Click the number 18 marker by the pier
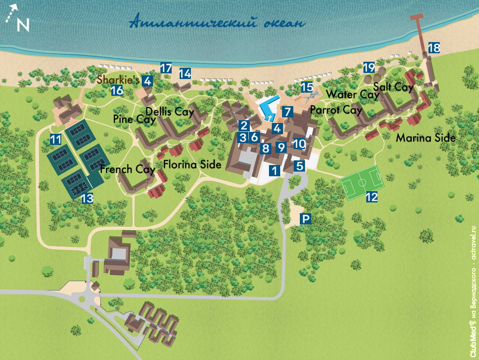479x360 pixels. (434, 48)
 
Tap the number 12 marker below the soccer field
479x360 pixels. (371, 197)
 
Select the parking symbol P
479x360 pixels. (305, 219)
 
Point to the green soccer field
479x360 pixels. (362, 180)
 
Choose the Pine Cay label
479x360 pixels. (134, 119)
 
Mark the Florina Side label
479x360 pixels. (192, 165)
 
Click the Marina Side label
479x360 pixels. (426, 138)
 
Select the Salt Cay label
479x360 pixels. (393, 87)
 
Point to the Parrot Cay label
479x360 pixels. (336, 110)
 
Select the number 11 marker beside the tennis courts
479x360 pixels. (56, 139)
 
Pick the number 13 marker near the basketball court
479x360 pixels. (87, 198)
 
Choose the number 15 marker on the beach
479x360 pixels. (307, 87)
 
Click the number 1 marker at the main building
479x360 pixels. (275, 171)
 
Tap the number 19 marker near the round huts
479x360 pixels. (369, 67)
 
